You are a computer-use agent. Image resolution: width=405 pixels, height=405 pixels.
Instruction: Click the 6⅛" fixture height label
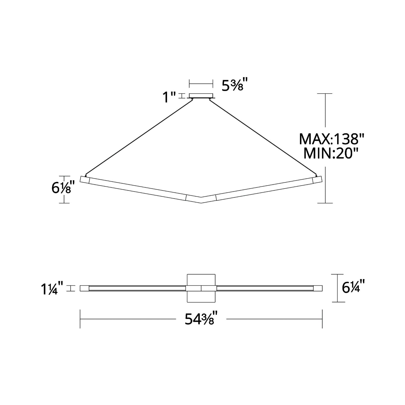63,188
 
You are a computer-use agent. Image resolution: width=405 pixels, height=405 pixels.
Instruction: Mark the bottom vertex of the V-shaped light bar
201,202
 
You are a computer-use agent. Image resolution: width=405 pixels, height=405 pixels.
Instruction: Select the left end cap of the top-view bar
84,288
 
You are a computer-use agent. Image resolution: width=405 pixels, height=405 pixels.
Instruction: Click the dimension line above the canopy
201,83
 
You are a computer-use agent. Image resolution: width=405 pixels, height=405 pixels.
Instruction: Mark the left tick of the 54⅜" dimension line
80,319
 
